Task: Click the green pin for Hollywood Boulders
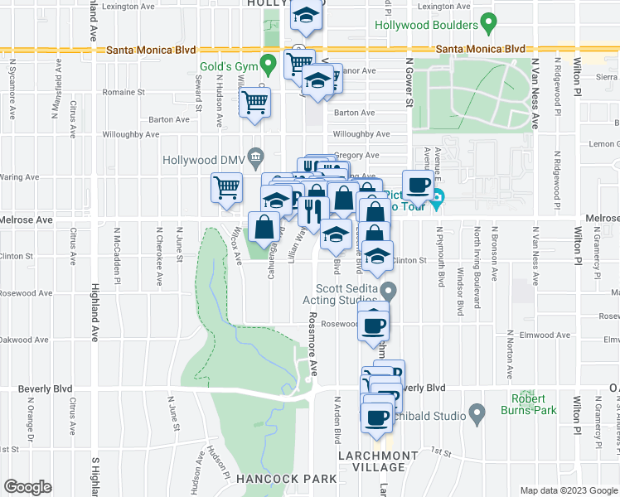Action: coord(488,23)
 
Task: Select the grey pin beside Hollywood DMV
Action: coord(256,156)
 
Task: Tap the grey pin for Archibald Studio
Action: coord(476,412)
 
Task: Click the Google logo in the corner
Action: coord(27,487)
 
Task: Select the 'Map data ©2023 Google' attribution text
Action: coord(568,490)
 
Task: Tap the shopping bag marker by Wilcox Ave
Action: coord(264,226)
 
